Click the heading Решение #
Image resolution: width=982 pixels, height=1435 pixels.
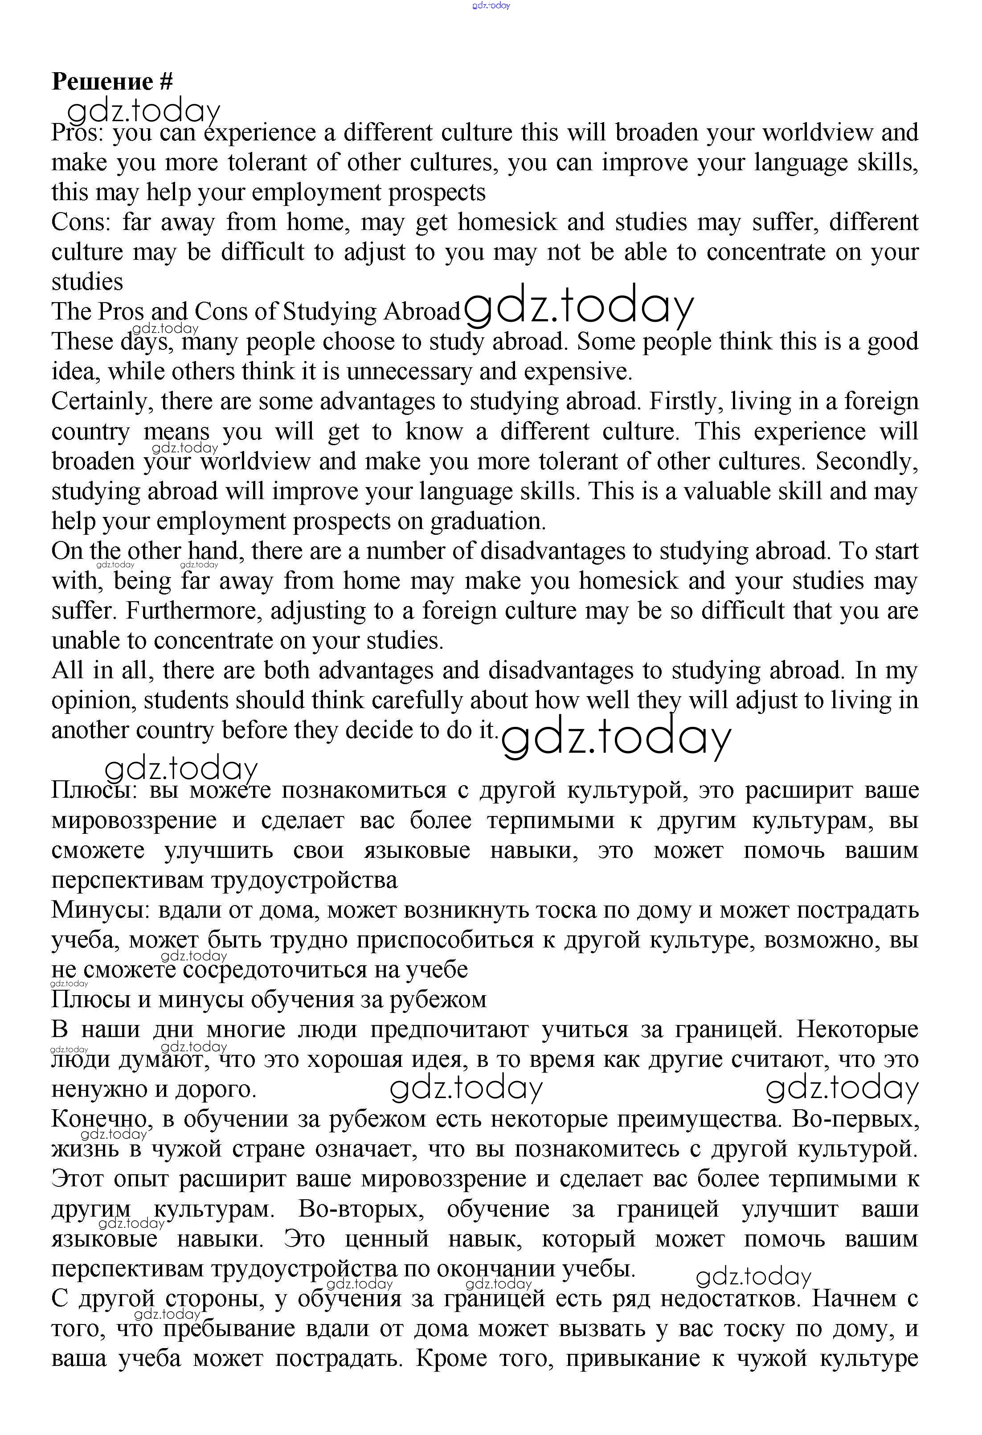[x=112, y=82]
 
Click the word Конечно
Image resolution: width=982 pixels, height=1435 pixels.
[x=101, y=1119]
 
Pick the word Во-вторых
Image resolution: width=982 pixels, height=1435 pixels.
[x=361, y=1209]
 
